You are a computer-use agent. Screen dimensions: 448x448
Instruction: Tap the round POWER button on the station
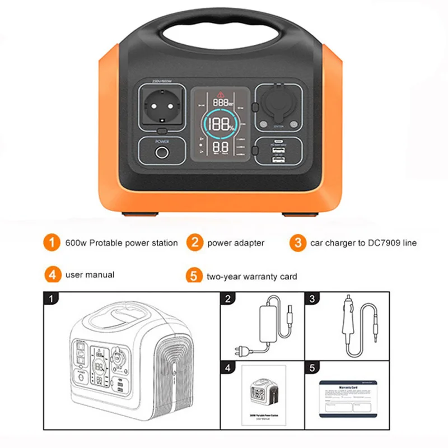click(162, 153)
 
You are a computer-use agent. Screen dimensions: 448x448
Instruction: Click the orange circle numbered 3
click(297, 243)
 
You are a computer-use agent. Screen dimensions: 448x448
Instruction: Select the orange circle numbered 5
click(193, 276)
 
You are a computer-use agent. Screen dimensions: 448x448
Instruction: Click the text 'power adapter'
click(236, 243)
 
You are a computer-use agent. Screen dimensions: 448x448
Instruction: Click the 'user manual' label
click(90, 274)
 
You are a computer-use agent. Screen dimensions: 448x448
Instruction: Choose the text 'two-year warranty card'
click(251, 276)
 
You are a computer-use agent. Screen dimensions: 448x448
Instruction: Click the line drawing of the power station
click(129, 364)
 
